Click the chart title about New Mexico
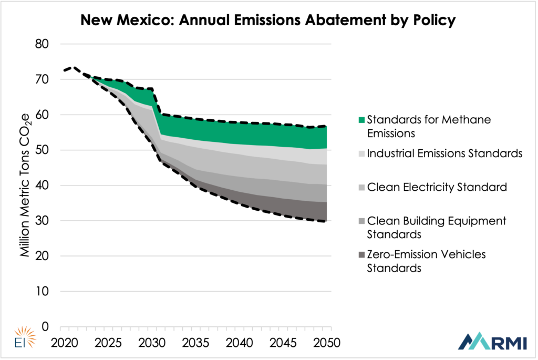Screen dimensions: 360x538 coord(268,21)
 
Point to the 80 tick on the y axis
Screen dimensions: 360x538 coord(41,45)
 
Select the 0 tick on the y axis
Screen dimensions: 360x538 coord(45,327)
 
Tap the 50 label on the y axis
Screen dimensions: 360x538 coord(41,150)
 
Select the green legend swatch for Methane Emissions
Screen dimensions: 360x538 coord(361,120)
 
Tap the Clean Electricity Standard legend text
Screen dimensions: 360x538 coord(437,187)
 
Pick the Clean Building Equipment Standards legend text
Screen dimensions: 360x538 coord(437,227)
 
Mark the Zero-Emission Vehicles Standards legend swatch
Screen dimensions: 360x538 coord(361,255)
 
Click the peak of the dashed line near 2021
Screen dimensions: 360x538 coord(73,67)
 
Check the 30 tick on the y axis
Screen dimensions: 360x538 coord(41,221)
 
